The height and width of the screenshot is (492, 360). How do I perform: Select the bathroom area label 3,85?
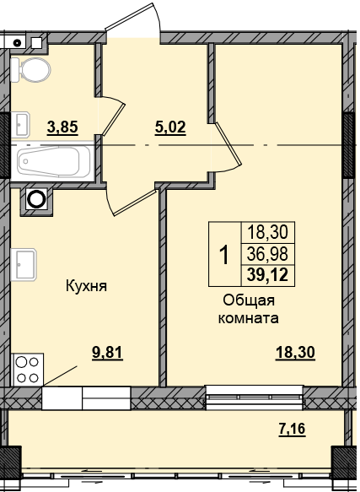click(62, 129)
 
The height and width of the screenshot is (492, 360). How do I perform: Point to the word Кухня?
click(86, 286)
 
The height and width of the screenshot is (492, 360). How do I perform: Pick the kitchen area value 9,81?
click(107, 354)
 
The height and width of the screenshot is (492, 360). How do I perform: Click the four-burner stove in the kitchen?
click(27, 369)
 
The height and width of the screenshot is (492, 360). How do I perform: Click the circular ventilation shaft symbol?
click(36, 199)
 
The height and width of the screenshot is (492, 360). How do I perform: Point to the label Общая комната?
click(249, 310)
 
